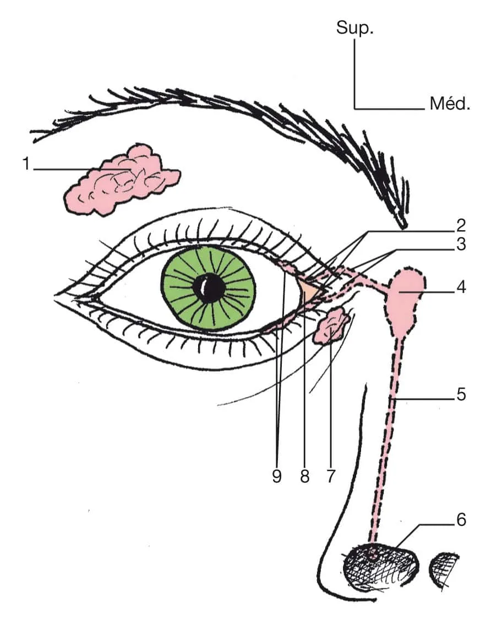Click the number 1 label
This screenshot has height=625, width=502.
point(25,164)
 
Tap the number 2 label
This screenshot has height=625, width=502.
point(461,225)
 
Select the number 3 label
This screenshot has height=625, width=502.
point(461,244)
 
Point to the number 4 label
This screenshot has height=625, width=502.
point(461,287)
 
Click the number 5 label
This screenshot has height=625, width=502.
point(461,394)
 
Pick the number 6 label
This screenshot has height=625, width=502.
point(461,519)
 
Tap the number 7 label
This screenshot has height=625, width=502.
point(330,476)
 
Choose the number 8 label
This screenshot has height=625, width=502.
point(304,476)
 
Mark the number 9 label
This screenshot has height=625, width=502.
point(277,476)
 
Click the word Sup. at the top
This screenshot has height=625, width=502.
point(355,29)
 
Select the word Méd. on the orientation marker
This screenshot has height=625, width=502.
point(450,104)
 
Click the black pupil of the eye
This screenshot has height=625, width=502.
point(210,287)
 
